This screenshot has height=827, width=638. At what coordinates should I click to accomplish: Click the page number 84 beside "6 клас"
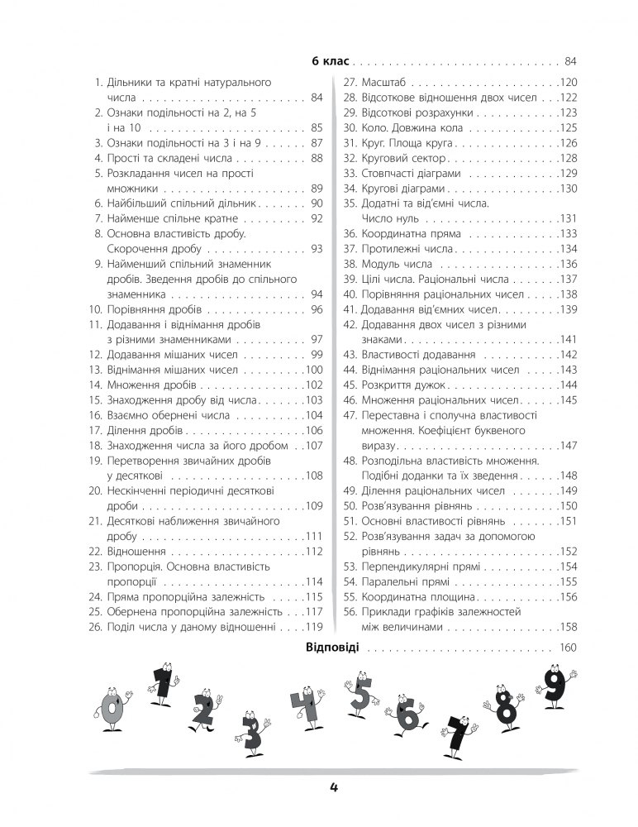click(570, 61)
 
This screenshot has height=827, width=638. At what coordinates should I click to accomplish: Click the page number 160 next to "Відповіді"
click(568, 648)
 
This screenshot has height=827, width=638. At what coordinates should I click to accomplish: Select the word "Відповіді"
click(331, 647)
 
